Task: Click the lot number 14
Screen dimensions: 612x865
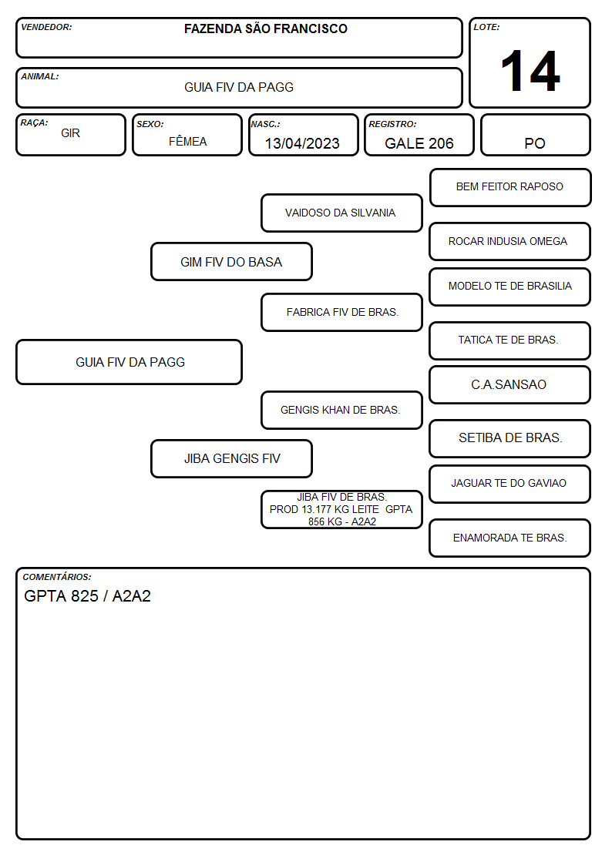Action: [x=530, y=71]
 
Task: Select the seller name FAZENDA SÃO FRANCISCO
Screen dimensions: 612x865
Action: [x=265, y=28]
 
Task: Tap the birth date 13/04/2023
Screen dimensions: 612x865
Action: [x=302, y=143]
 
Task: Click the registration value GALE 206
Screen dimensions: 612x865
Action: [x=419, y=143]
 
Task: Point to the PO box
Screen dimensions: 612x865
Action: [x=535, y=135]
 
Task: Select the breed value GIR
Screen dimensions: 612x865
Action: [x=71, y=133]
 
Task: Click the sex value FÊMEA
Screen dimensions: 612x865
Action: [x=187, y=141]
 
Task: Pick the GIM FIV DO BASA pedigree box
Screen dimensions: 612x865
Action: [x=231, y=261]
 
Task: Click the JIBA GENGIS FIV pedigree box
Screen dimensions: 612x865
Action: [x=231, y=458]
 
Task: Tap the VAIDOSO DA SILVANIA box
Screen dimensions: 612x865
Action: [x=341, y=213]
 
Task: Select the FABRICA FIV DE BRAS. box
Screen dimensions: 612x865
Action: [x=341, y=312]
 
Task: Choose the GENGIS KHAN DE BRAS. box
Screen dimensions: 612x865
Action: [x=341, y=410]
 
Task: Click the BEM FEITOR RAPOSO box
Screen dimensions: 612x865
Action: [x=510, y=188]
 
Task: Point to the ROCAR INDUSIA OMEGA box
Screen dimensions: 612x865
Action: [x=510, y=242]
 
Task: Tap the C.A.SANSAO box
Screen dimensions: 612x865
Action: [x=510, y=385]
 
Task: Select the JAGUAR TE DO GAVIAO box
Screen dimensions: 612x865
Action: [x=510, y=484]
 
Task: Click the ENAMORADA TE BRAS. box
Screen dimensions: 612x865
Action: [x=510, y=538]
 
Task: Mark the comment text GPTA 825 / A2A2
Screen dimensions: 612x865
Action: [x=87, y=596]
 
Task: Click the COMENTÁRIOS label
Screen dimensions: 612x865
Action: [x=57, y=577]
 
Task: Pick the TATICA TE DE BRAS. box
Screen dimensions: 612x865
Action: [x=510, y=340]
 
